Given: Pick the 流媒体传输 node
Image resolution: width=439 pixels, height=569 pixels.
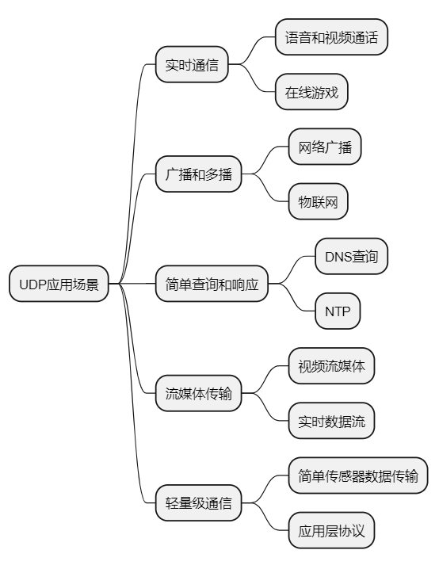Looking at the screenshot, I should coord(197,394).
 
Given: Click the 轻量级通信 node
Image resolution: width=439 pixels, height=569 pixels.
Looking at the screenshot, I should coord(197,502).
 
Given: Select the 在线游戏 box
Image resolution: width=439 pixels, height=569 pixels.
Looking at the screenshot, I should coord(311,93).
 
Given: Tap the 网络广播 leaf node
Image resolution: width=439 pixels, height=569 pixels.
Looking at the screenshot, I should coord(325,147).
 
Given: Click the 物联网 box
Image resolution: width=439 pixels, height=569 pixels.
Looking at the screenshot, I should coord(318,202).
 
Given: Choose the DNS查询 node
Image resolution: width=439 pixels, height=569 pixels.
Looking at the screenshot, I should coord(351,257).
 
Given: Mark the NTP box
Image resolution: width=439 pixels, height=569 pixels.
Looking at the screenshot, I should coord(338,311).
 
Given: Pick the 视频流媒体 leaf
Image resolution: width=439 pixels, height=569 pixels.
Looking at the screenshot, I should coord(331,366).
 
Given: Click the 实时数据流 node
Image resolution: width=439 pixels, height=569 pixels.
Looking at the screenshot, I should coord(331,421).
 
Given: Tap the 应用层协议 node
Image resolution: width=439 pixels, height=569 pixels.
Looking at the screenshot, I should coord(331,530).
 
